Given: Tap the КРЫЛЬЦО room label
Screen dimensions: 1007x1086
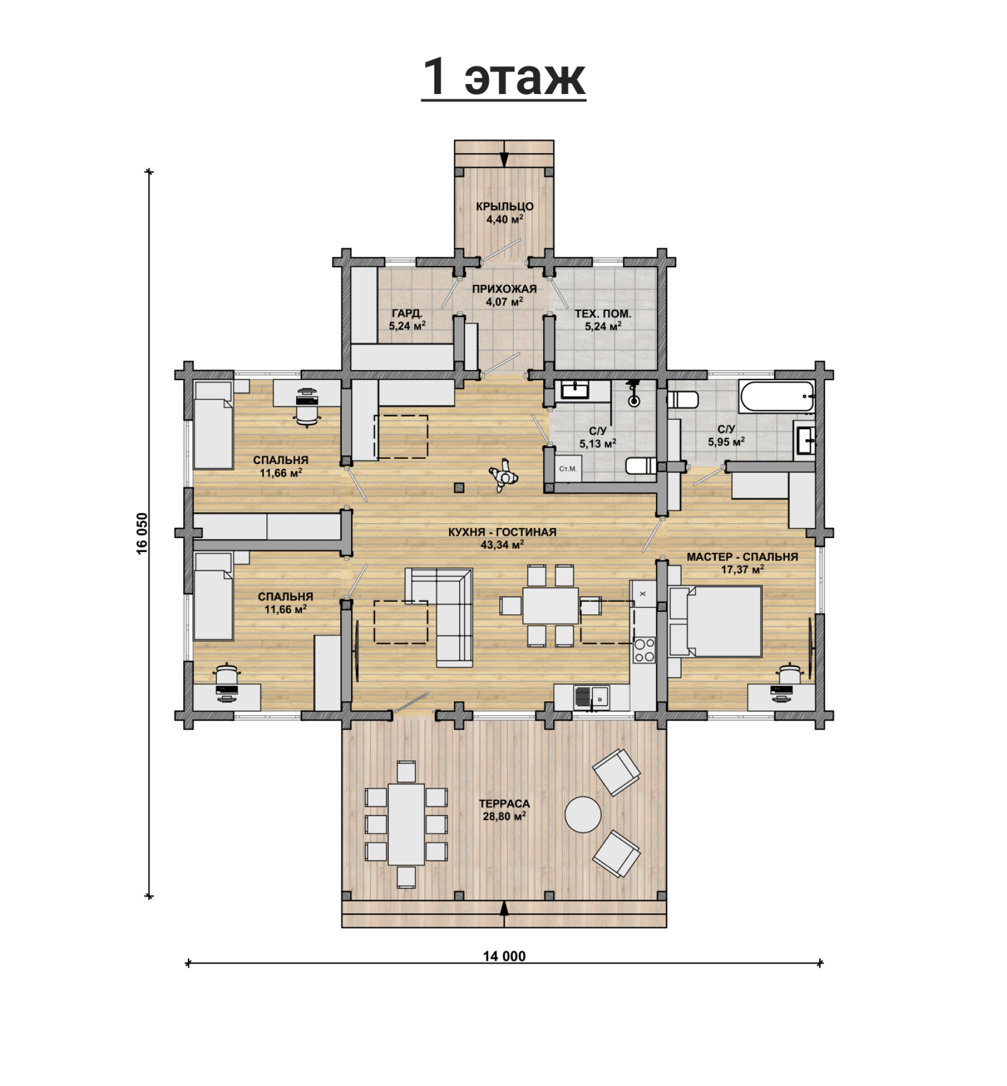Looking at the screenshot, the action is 505,206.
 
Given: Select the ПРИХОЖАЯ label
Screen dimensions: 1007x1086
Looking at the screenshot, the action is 504,289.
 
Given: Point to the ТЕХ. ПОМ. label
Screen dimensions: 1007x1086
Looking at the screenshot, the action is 603,314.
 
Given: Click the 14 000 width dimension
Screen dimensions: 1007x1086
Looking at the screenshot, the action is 504,956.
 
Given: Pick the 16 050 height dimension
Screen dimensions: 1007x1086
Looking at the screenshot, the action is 142,533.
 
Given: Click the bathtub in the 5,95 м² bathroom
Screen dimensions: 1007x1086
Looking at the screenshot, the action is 776,397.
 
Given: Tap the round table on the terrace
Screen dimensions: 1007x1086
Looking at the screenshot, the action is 583,814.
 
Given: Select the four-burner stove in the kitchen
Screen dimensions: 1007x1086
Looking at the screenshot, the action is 644,650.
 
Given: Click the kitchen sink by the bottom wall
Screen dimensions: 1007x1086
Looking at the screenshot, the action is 592,697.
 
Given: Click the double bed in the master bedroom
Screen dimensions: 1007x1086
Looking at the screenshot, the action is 715,621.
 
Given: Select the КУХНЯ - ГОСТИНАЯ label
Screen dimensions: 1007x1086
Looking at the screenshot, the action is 502,532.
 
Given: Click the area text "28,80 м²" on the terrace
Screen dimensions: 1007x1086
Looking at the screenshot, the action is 504,816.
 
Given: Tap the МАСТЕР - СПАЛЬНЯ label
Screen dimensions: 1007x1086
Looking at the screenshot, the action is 742,557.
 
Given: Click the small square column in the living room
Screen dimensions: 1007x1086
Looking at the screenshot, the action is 459,488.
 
